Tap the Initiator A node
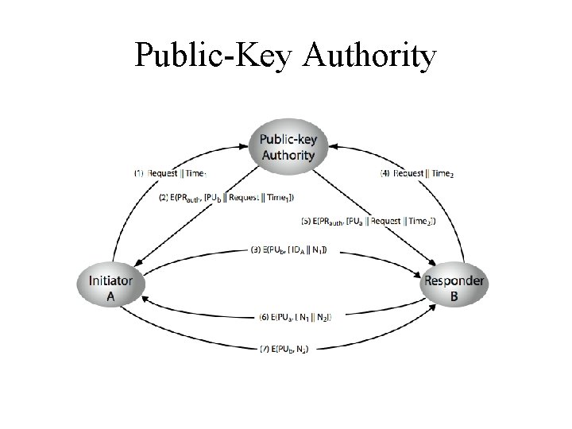pyautogui.click(x=110, y=288)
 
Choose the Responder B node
pyautogui.click(x=454, y=288)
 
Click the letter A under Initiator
pyautogui.click(x=110, y=296)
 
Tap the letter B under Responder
pyautogui.click(x=454, y=297)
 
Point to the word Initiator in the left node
pyautogui.click(x=110, y=280)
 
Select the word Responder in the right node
pyautogui.click(x=454, y=280)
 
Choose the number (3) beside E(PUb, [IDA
pyautogui.click(x=256, y=251)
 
